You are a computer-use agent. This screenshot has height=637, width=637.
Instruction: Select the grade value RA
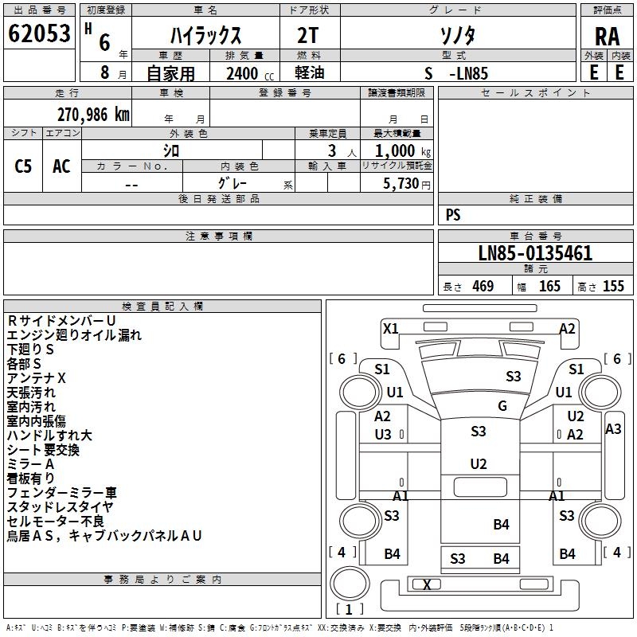(x=607, y=37)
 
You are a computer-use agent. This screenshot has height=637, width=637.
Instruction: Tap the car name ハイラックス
(x=205, y=36)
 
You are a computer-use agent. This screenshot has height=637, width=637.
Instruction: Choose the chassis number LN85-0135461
(x=535, y=254)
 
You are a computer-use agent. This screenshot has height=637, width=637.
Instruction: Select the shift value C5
(x=24, y=166)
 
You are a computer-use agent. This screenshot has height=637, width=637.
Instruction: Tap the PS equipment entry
(x=453, y=215)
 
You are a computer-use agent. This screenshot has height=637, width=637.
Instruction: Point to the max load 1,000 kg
(x=404, y=150)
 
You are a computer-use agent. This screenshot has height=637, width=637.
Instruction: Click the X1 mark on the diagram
(x=391, y=328)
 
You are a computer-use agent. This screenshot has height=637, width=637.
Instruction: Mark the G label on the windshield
(x=502, y=406)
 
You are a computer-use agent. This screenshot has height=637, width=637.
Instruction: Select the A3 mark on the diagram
(x=613, y=429)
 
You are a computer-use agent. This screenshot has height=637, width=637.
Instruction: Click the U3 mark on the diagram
(x=383, y=434)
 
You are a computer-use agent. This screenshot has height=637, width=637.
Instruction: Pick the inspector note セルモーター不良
(x=56, y=521)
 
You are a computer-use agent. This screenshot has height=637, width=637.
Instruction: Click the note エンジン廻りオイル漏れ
(x=74, y=335)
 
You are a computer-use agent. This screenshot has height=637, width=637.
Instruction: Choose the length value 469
(x=483, y=287)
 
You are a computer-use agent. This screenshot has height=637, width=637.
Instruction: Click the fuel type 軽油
(x=310, y=73)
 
